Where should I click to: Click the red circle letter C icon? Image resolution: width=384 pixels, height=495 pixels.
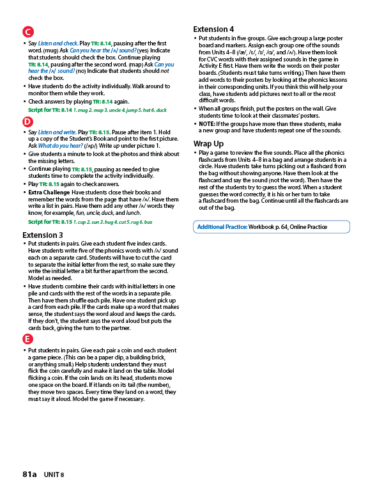coord(27,32)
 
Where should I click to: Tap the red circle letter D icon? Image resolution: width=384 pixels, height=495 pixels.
coord(27,122)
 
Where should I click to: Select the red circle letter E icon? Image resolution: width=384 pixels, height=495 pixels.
coord(27,338)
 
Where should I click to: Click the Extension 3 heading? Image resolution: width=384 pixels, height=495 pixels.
coord(43,235)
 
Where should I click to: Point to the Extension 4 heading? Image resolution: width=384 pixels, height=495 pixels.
coord(213,29)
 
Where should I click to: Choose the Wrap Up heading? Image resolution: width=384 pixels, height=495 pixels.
coord(208,144)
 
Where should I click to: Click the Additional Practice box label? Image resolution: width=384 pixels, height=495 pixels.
coord(222,227)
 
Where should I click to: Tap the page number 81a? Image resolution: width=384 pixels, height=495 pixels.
coord(29,474)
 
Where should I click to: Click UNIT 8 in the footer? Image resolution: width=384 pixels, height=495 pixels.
coord(54,475)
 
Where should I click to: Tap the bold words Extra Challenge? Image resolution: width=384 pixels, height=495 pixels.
coord(48,192)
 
